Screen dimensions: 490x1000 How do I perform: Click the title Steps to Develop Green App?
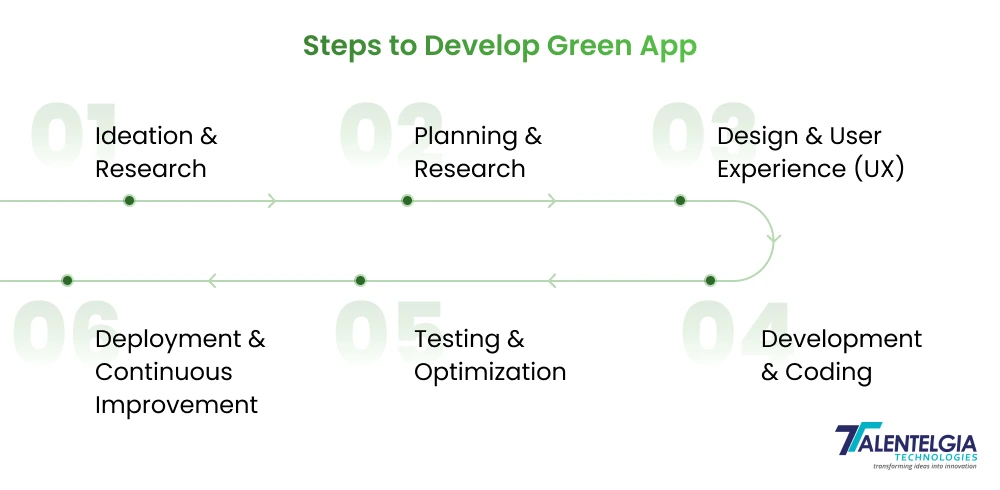point(499,46)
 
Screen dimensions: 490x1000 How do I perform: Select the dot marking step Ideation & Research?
point(129,200)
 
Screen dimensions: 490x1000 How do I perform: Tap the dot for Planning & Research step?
point(407,200)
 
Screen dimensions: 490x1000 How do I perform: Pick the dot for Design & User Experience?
point(680,200)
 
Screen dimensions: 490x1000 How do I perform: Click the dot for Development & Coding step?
point(710,280)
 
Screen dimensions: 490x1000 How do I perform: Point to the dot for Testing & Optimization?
point(360,280)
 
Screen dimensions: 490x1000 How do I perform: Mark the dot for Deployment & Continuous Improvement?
point(67,280)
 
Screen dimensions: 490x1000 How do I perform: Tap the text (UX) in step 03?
point(879,169)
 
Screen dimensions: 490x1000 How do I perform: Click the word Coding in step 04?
point(829,372)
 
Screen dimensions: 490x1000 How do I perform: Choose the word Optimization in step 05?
point(490,372)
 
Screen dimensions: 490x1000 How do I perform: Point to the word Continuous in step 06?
point(163,372)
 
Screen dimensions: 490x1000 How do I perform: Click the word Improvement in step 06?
point(176,405)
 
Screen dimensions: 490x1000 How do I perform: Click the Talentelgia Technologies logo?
point(904,446)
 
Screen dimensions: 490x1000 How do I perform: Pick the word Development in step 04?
point(841,339)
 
